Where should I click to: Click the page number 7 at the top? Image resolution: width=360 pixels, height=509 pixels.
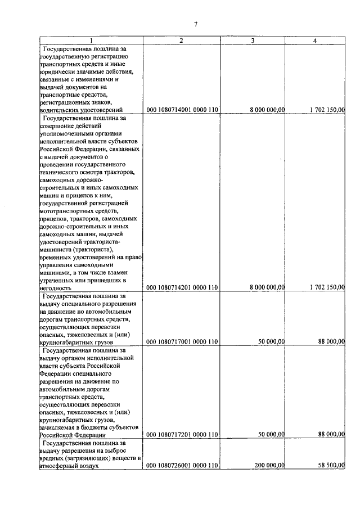(195, 24)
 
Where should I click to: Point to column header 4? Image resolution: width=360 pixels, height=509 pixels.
(315, 40)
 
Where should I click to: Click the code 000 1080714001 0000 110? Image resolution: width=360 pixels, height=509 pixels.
(182, 110)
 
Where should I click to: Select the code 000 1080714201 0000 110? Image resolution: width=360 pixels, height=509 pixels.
(182, 287)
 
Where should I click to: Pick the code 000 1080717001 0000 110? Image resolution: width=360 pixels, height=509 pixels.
(182, 341)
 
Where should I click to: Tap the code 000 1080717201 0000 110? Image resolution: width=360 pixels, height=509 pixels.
(182, 435)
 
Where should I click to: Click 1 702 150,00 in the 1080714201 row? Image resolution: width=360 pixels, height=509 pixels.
(327, 287)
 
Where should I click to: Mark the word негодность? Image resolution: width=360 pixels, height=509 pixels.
(56, 287)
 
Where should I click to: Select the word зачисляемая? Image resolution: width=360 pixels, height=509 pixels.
(58, 427)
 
